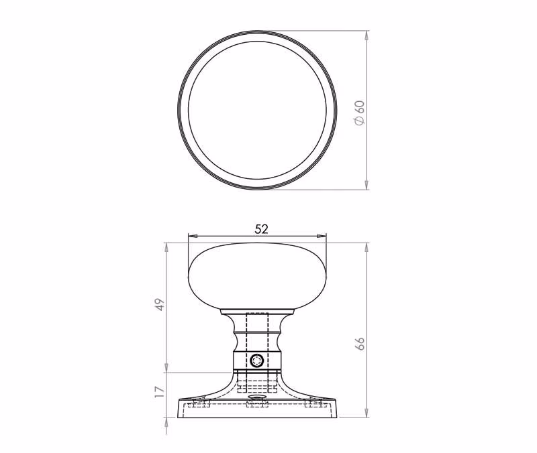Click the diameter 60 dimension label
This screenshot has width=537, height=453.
point(360,113)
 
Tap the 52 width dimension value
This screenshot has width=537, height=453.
point(261,229)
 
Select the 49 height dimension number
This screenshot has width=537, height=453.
point(160,304)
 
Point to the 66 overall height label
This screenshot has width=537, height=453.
point(360,344)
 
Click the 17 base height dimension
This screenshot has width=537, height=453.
point(160,392)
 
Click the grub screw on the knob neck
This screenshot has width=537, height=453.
point(256,361)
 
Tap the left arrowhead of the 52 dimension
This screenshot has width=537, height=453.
point(193,236)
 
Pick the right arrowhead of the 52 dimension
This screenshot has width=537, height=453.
point(322,236)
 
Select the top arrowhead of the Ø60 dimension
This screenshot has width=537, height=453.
point(367,36)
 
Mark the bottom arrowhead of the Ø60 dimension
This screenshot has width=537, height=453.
point(367,185)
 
